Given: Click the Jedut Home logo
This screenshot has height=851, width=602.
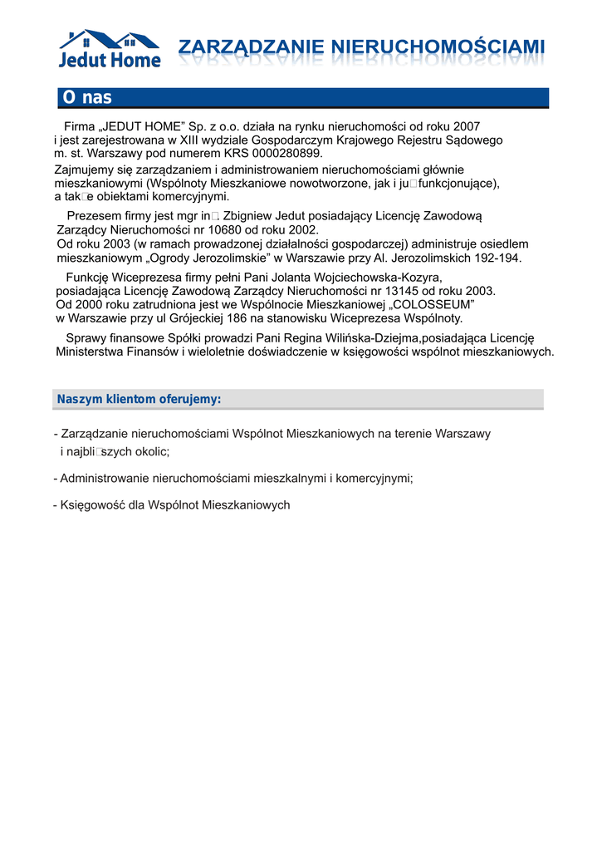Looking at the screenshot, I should pyautogui.click(x=109, y=49).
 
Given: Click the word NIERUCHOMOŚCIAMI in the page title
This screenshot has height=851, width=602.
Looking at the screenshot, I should pyautogui.click(x=438, y=47).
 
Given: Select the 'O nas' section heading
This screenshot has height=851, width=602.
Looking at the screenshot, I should pyautogui.click(x=86, y=98).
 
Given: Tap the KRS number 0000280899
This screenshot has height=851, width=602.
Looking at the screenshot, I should pyautogui.click(x=281, y=154).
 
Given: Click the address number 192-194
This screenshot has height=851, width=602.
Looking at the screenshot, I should pyautogui.click(x=497, y=258).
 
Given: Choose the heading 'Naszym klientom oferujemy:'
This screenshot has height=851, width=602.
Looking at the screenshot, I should pyautogui.click(x=139, y=400).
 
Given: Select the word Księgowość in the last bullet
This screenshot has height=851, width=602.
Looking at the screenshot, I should pyautogui.click(x=88, y=504).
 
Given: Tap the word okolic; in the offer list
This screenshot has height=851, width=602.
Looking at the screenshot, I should pyautogui.click(x=150, y=451).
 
